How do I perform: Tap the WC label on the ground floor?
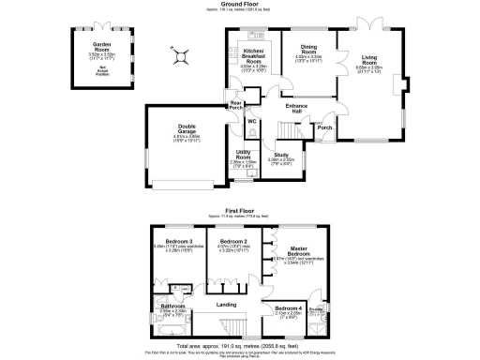252,122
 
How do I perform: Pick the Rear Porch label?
236,105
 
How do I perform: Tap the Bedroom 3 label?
177,242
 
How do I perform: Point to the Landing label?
226,305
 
